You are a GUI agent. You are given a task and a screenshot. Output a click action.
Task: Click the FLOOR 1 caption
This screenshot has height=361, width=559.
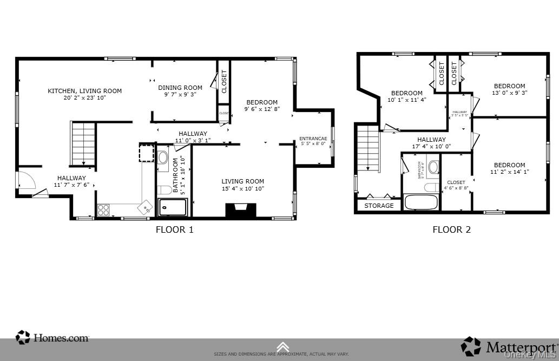click(174, 229)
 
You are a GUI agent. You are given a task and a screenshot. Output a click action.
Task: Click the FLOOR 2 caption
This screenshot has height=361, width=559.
click(451, 229)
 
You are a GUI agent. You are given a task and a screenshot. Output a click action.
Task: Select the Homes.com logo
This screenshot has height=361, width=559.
click(52, 338)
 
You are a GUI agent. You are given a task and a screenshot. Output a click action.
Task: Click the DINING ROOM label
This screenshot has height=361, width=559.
click(180, 88)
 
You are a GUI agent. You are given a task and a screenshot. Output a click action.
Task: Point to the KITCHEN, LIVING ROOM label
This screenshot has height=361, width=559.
click(84, 91)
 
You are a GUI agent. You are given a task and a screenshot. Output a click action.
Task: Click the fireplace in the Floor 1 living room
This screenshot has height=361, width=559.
click(241, 211)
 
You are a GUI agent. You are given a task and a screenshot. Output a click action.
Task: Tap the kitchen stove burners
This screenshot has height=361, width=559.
click(103, 210)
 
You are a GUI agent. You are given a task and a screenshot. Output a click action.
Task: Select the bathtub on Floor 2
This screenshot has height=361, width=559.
click(421, 202)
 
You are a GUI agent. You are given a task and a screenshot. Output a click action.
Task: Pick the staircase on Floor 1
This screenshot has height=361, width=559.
click(83, 143)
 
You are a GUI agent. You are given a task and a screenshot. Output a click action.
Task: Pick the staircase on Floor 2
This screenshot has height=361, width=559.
click(368, 148)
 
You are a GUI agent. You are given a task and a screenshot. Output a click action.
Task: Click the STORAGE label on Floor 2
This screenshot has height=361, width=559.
click(379, 206)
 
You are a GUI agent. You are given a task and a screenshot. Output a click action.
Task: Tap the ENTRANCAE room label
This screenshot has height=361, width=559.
click(313, 139)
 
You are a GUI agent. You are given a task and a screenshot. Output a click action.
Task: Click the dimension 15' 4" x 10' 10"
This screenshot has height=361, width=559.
click(242, 188)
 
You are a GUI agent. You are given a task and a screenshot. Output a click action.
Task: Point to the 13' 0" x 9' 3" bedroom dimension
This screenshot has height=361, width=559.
click(509, 93)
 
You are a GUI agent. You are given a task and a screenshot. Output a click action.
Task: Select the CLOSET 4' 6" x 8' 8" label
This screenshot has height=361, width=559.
click(456, 186)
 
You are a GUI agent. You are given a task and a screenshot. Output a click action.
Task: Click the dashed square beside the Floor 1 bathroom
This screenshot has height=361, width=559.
click(147, 153)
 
